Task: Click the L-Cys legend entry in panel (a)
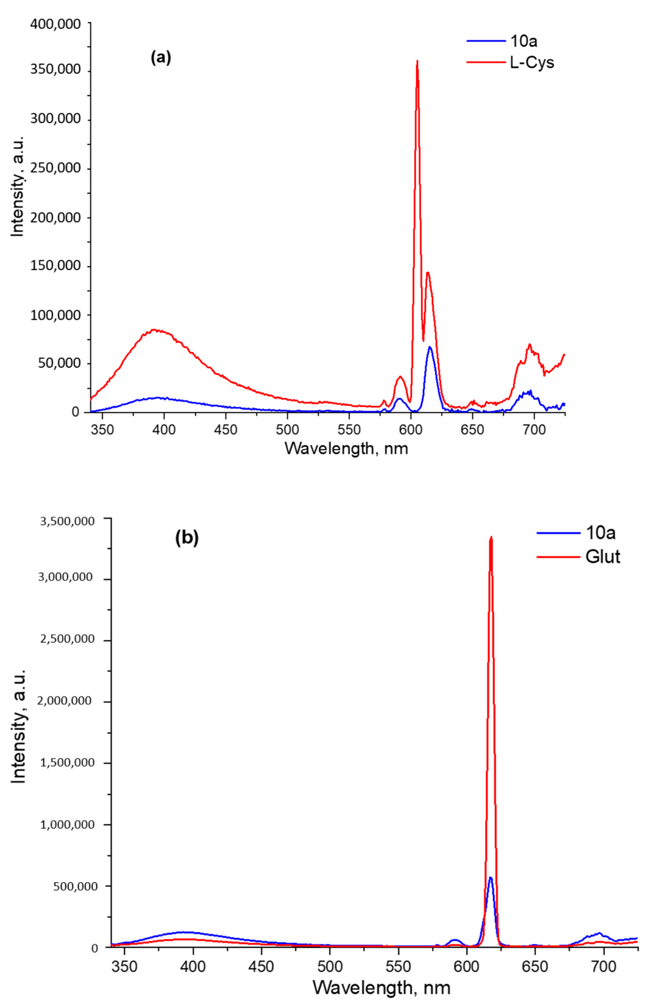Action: point(532,62)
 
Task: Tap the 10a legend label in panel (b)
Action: point(600,533)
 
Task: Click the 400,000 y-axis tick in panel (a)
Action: point(55,24)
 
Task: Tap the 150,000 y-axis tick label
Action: point(55,266)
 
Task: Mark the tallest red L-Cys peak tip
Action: point(417,61)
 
